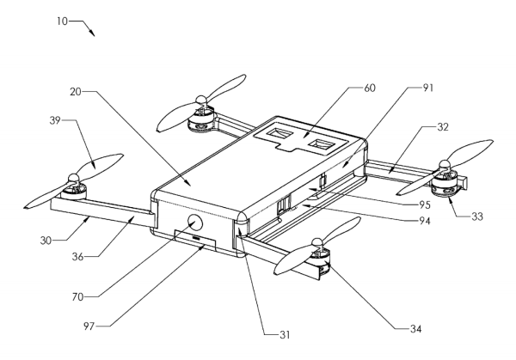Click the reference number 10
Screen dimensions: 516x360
pos(62,21)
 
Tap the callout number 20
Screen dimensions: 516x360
pos(76,92)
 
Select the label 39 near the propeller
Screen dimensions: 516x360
pos(55,120)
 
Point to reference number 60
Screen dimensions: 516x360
pos(370,88)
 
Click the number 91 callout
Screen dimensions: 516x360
pos(427,88)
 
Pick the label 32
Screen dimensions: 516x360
pos(443,127)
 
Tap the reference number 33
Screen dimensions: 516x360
pos(477,217)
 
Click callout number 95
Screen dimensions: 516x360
pos(425,204)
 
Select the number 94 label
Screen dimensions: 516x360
pos(425,222)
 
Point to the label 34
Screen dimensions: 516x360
pos(416,329)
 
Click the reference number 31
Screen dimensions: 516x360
pos(285,335)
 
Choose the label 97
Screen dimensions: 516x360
pos(89,326)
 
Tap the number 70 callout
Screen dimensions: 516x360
pos(77,297)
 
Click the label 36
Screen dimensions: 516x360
pos(77,256)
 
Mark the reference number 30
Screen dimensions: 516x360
pos(46,241)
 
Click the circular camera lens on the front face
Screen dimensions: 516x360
pos(195,223)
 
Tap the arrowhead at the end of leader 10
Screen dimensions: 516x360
pos(93,34)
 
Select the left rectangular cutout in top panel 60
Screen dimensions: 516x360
pos(279,134)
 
